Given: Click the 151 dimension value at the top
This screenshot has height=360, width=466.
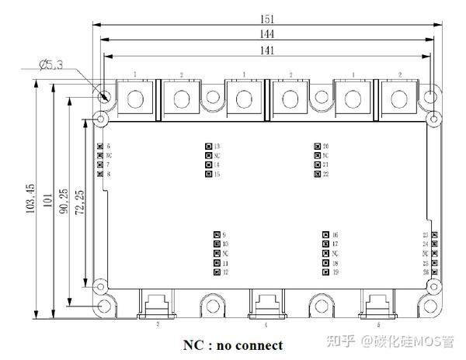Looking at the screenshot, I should click(268, 18).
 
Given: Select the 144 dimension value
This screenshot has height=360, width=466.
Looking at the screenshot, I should click(268, 34).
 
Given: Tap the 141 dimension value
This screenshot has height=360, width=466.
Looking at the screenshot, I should click(268, 50).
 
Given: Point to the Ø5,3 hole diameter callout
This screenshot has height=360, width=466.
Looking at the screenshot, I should click(50, 65).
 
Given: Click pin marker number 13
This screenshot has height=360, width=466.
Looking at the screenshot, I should click(208, 146).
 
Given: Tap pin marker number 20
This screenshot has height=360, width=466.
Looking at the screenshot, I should click(317, 146).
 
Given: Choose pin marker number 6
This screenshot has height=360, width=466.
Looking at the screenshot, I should click(99, 146).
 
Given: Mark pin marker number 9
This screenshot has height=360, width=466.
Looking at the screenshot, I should click(216, 235).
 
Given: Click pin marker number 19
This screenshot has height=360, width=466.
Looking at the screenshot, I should click(325, 272).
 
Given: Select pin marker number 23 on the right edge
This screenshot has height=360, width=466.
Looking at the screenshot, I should click(434, 235).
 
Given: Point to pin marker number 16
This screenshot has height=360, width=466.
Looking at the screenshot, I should click(325, 235).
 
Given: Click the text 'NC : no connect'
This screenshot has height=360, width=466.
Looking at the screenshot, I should click(233, 344).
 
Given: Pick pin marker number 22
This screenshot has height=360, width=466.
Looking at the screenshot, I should click(317, 174).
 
